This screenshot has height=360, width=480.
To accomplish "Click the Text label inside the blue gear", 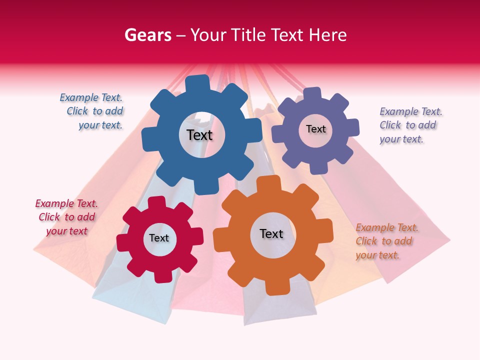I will point(199,135).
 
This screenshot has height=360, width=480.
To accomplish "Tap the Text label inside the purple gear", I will point(315,129).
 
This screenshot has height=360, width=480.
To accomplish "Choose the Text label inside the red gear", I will point(159,238).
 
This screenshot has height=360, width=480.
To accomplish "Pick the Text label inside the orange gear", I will point(271,233).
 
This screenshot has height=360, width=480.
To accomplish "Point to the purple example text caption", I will point(410,125).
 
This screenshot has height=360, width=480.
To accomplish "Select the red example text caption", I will point(66,217).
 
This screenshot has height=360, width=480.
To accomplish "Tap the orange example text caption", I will point(386,241).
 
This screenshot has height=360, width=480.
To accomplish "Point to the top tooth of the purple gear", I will point(312,94).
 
